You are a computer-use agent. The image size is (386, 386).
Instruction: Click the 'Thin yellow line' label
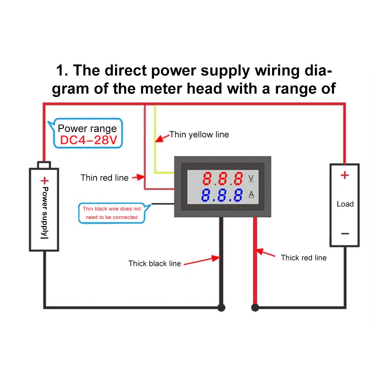click(199, 135)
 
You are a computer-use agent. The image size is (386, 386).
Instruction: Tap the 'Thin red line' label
click(104, 178)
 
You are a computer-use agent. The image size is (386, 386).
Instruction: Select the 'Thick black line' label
click(154, 264)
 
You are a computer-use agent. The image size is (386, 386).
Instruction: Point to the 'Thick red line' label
click(303, 257)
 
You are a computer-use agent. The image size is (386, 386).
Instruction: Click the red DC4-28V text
click(88, 140)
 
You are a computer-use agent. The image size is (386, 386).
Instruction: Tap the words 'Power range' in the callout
click(87, 129)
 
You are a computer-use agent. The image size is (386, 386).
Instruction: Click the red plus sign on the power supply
click(45, 180)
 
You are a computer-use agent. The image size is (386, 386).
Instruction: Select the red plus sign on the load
click(344, 175)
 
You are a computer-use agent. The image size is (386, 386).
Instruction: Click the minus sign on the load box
click(345, 234)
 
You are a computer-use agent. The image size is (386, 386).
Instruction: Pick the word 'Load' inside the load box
click(345, 204)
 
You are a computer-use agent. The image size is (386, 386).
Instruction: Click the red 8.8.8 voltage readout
click(223, 178)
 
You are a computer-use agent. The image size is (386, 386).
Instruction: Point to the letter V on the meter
click(251, 178)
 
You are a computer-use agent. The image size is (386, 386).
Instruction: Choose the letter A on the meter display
click(251, 195)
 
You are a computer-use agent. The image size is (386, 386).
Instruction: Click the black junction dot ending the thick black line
click(221, 308)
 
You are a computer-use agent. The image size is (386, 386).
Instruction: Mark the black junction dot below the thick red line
click(255, 308)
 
